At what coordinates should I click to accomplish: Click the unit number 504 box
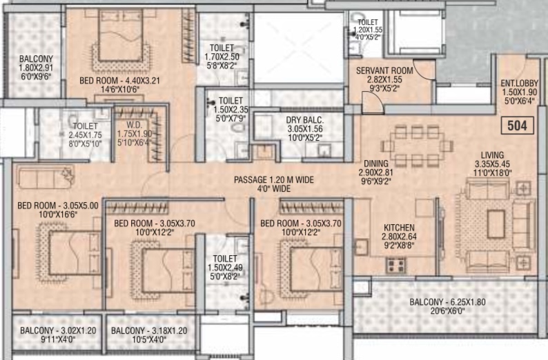(517, 126)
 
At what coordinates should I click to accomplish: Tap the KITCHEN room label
(399, 228)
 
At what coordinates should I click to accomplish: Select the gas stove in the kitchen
(396, 266)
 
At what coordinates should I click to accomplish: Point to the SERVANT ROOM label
(384, 70)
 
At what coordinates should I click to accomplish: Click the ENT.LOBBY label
(519, 83)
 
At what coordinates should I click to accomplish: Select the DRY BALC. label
(305, 120)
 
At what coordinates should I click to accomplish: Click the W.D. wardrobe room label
(134, 125)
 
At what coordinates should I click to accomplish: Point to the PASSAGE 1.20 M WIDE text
(273, 180)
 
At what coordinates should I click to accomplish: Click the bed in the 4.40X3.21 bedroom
(121, 31)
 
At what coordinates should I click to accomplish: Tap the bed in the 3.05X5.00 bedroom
(74, 253)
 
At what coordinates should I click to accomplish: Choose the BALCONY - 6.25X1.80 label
(447, 302)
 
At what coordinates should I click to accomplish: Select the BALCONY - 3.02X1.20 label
(58, 330)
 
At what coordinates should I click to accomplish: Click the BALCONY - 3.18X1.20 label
(149, 330)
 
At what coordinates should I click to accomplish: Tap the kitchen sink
(362, 247)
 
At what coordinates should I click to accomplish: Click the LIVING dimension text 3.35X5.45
(492, 163)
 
